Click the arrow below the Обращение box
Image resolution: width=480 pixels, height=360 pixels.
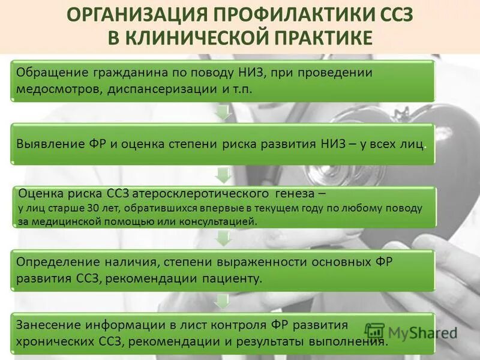(223, 112)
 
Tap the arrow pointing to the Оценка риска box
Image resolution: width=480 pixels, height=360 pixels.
(223, 175)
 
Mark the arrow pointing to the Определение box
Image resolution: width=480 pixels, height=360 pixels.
(223, 238)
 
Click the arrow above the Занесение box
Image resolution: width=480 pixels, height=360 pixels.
(223, 301)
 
